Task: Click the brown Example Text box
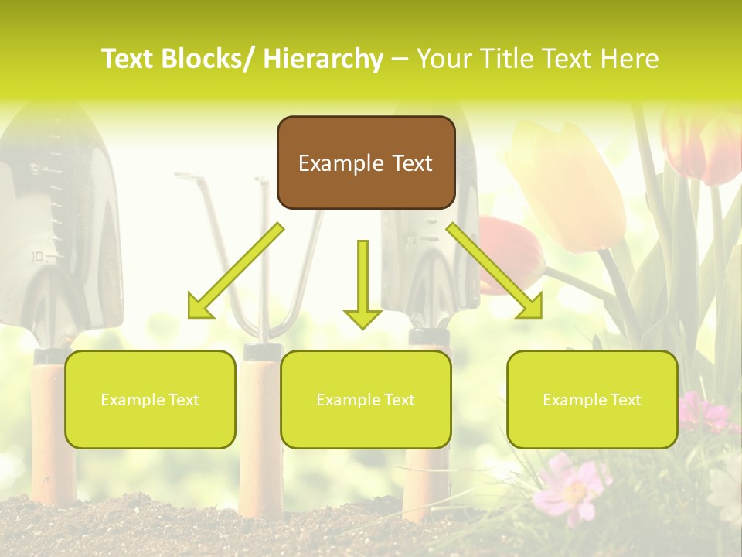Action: tap(366, 163)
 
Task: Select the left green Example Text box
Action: tap(150, 400)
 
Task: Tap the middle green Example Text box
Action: tap(366, 400)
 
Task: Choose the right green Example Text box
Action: tap(592, 400)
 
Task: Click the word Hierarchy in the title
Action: tap(322, 59)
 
